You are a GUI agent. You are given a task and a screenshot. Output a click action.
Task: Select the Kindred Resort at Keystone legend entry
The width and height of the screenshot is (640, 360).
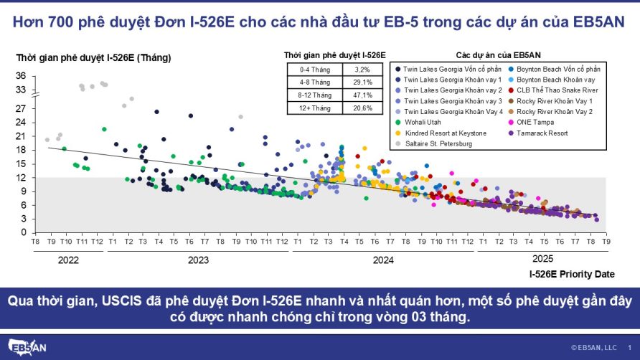445,133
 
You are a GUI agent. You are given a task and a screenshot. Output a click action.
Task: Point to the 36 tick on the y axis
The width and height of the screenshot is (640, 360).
21,76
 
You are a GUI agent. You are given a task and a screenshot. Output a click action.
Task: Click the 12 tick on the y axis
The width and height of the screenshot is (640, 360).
21,177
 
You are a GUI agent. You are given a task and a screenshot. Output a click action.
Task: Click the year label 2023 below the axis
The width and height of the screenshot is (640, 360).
199,260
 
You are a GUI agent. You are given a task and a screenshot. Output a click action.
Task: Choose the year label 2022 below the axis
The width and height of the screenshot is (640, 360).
68,260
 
